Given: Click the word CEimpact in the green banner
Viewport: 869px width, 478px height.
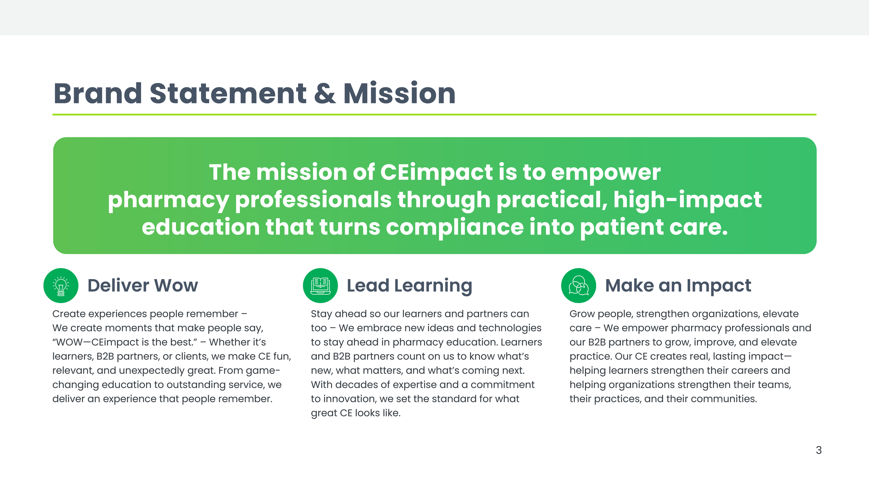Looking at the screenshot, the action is (x=436, y=172).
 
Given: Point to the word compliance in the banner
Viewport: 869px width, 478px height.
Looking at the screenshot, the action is (x=455, y=227).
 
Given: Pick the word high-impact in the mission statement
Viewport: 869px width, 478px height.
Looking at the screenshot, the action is (x=688, y=200).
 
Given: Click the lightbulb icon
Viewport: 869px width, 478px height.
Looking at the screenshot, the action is (x=61, y=286).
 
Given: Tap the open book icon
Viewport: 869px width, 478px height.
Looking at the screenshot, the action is (x=320, y=286).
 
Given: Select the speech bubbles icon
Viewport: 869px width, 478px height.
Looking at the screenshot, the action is (x=578, y=285).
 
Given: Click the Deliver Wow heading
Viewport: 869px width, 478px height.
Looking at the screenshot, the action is (x=143, y=285).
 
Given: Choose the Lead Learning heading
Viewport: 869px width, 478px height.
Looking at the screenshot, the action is (x=409, y=286).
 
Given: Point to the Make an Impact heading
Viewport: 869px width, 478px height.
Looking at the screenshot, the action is (x=678, y=286).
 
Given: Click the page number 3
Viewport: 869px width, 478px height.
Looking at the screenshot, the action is (x=819, y=450).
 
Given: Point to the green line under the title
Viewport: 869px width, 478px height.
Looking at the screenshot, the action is (x=434, y=115).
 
